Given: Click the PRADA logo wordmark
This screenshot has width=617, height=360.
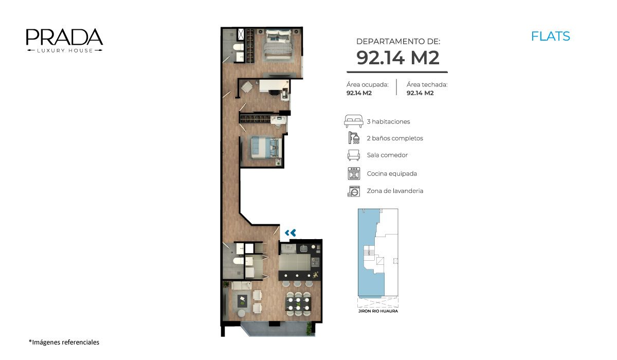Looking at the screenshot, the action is pyautogui.click(x=64, y=37).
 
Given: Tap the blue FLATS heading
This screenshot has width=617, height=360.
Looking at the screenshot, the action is pyautogui.click(x=550, y=37).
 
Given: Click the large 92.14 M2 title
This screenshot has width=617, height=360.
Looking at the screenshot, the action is pyautogui.click(x=397, y=58).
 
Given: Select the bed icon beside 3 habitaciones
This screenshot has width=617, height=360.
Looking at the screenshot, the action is pyautogui.click(x=353, y=121).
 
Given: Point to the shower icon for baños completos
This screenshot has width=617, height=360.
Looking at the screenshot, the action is pyautogui.click(x=354, y=138).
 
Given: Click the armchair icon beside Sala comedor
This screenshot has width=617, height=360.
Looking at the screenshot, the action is pyautogui.click(x=353, y=155).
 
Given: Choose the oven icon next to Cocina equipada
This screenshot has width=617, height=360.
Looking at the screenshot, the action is pyautogui.click(x=354, y=173).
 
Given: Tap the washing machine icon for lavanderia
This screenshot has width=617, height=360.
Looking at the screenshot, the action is pyautogui.click(x=354, y=191).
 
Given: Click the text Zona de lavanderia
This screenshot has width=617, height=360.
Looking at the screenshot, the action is pyautogui.click(x=395, y=191).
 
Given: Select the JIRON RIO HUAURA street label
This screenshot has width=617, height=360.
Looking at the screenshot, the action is pyautogui.click(x=378, y=311).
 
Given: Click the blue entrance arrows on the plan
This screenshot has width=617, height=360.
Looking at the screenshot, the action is pyautogui.click(x=291, y=233).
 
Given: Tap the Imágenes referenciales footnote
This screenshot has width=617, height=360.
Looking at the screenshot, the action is pyautogui.click(x=64, y=342).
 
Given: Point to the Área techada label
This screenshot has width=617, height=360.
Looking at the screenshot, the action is pyautogui.click(x=427, y=84).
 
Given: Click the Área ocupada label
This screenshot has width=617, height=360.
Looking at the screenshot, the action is pyautogui.click(x=368, y=84).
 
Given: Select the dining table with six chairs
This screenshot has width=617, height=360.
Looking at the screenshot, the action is pyautogui.click(x=298, y=304).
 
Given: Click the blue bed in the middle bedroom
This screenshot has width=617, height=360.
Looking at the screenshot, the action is pyautogui.click(x=266, y=148).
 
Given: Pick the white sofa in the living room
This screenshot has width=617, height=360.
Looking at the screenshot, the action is pyautogui.click(x=241, y=285).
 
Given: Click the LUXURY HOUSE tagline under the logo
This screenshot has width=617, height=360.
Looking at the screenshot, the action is pyautogui.click(x=65, y=50).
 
